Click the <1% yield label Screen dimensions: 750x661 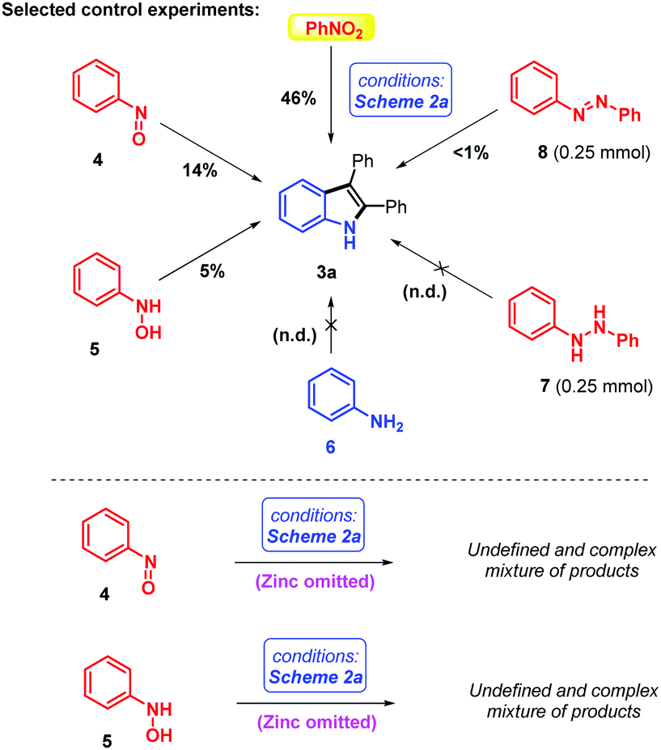click(x=468, y=154)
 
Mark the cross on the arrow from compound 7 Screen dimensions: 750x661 click(x=438, y=264)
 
